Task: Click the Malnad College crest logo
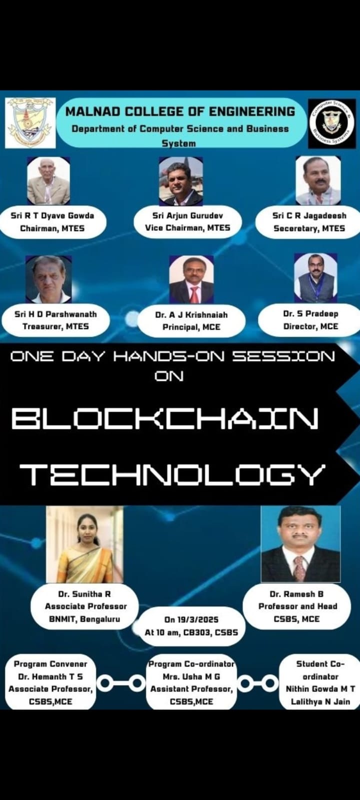point(30,123)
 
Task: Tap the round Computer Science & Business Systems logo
point(332,123)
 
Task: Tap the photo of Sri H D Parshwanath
point(48,279)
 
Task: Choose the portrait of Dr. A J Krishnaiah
point(191,279)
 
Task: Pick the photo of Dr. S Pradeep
point(315,278)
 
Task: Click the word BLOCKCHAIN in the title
point(165,418)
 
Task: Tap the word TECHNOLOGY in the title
point(173,474)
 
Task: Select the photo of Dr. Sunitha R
point(84,544)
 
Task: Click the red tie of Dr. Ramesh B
point(299,568)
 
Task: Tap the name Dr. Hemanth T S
point(50,676)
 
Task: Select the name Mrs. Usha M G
point(191,676)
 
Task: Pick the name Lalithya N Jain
point(320,701)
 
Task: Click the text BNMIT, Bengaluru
point(84,619)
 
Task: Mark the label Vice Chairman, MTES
point(187,228)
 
